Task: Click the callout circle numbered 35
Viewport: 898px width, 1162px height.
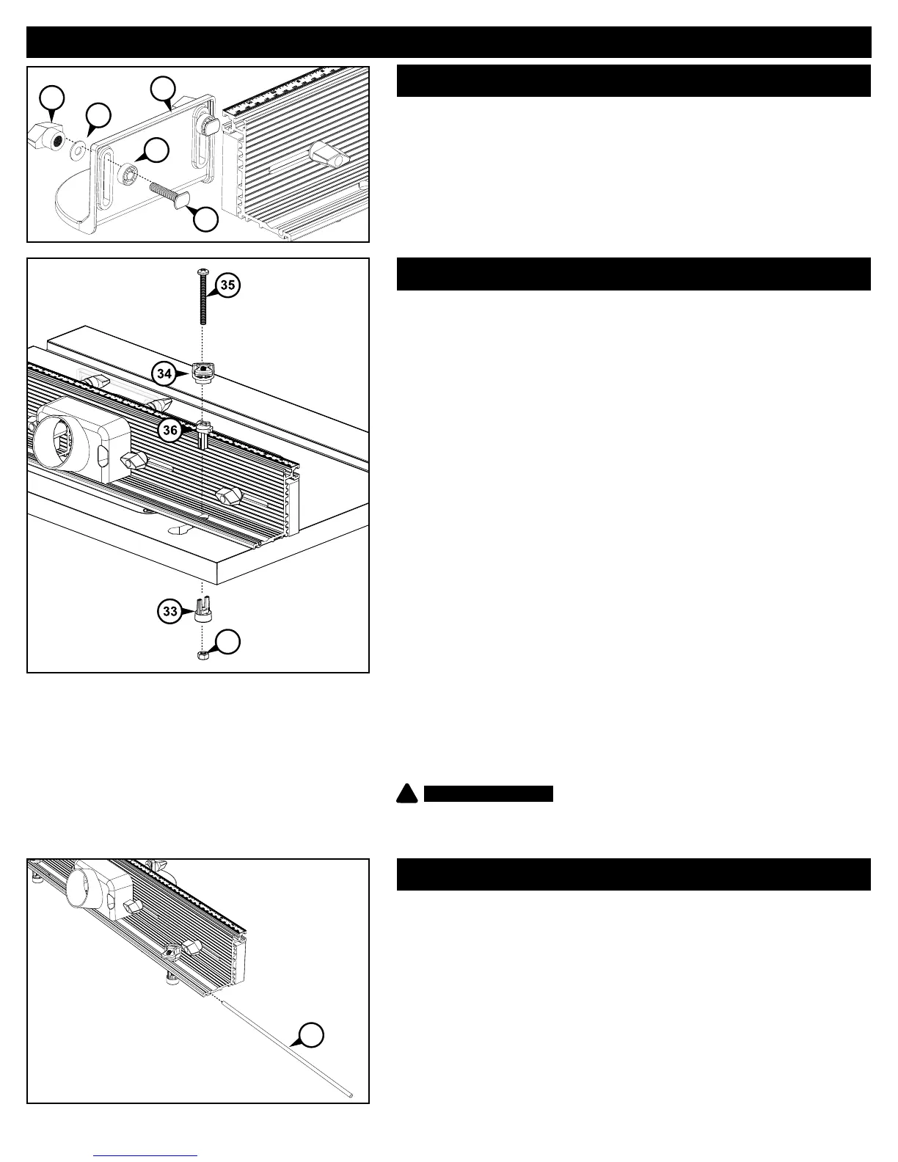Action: tap(228, 285)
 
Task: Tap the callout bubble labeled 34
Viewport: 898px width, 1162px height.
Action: tap(165, 373)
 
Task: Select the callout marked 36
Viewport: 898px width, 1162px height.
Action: tap(170, 430)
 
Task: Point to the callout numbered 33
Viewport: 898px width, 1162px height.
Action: tap(171, 611)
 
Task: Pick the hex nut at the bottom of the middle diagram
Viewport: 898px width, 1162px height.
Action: tap(202, 655)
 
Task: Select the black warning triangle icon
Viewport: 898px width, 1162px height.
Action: tap(408, 794)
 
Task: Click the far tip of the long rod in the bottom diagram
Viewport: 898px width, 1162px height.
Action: tap(351, 1096)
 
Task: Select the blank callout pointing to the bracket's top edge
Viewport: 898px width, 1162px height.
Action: tap(162, 89)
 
